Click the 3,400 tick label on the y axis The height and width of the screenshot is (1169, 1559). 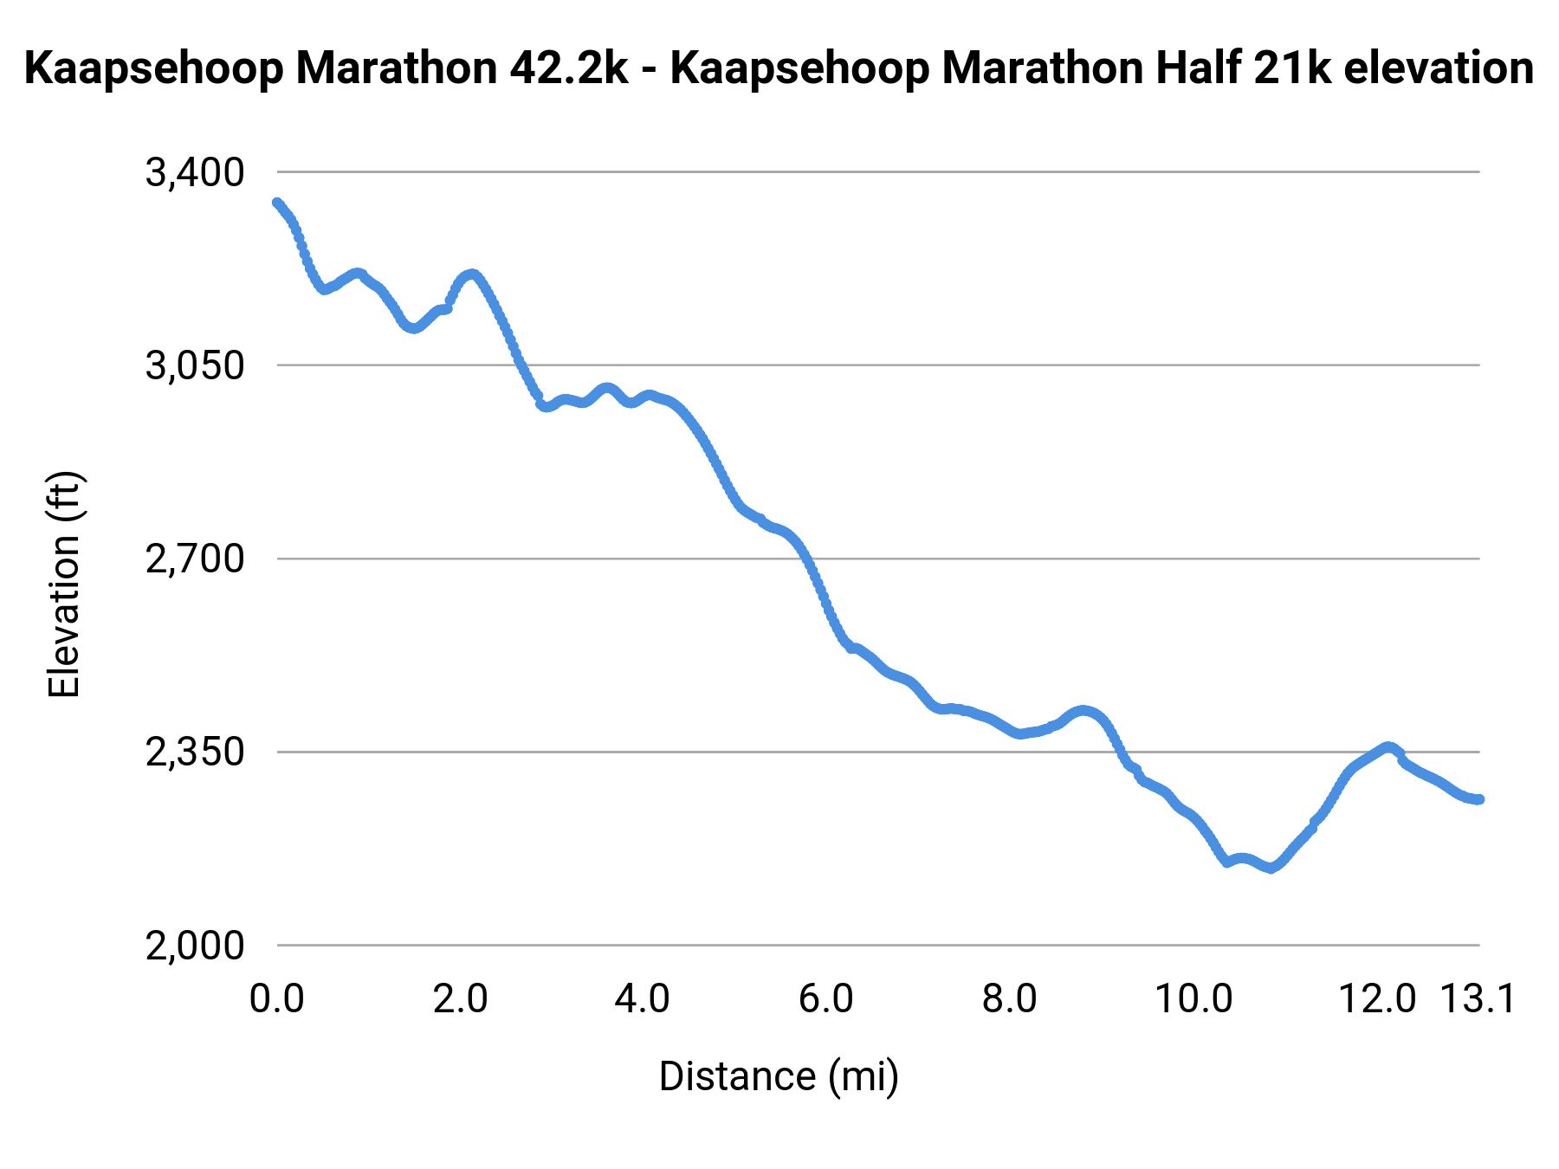click(x=195, y=172)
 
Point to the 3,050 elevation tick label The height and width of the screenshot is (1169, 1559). click(x=195, y=365)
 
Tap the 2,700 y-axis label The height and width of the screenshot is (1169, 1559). click(x=195, y=559)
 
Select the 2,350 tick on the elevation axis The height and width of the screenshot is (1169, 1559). click(x=195, y=752)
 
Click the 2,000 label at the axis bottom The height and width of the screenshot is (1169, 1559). click(x=195, y=946)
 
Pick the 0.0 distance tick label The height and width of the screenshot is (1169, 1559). click(x=276, y=999)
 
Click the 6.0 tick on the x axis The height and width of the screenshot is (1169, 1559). click(x=825, y=999)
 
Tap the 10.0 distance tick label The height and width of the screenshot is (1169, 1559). click(x=1194, y=999)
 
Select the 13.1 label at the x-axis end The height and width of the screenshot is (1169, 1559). click(x=1478, y=999)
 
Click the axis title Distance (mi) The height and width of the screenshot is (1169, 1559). click(x=779, y=1076)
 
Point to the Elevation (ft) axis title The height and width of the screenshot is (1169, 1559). click(x=63, y=584)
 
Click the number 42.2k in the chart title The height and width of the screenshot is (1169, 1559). click(x=568, y=68)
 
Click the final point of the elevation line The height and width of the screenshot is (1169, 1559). click(x=1479, y=799)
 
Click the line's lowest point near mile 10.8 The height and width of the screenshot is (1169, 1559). click(x=1271, y=868)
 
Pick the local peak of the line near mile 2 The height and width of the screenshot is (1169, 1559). click(x=471, y=274)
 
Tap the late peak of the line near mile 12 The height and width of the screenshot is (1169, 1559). click(x=1388, y=746)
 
